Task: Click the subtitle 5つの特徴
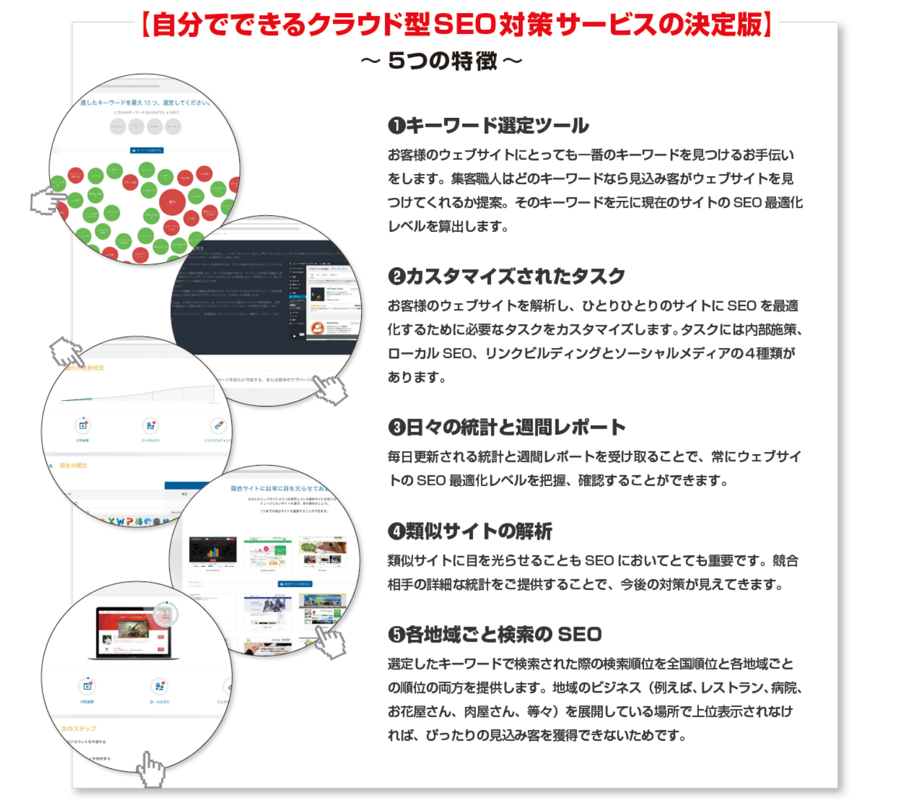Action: point(442,60)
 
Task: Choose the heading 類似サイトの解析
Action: point(479,531)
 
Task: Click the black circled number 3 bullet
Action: point(396,428)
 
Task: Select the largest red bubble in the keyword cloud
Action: point(172,202)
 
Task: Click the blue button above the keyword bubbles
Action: point(146,151)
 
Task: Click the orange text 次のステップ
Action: point(79,729)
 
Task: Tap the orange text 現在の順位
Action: point(74,465)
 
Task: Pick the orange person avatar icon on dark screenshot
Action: point(317,328)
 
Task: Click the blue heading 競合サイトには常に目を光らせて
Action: point(279,488)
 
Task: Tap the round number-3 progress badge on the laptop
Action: point(166,613)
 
